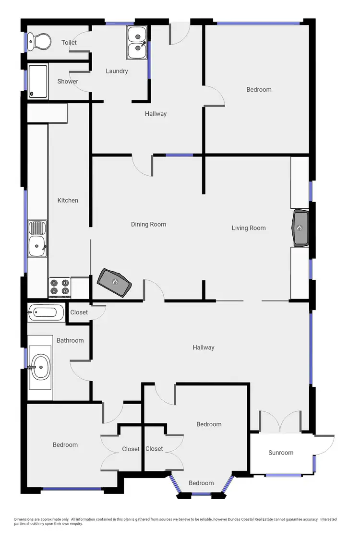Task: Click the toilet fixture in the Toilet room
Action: [x=38, y=41]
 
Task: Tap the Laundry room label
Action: [x=117, y=71]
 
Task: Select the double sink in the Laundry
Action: [x=137, y=42]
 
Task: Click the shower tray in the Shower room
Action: [x=38, y=81]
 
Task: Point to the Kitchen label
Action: [x=68, y=200]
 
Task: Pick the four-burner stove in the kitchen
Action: [x=60, y=287]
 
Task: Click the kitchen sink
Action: [x=37, y=239]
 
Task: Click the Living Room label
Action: [x=249, y=228]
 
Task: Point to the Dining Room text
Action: [x=148, y=224]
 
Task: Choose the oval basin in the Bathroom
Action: [x=40, y=367]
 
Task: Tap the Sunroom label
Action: [x=281, y=453]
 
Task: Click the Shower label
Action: [x=68, y=82]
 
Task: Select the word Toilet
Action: [x=69, y=43]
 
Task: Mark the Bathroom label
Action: [x=70, y=340]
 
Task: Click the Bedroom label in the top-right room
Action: [x=259, y=89]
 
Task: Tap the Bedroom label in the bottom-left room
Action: [x=65, y=445]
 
